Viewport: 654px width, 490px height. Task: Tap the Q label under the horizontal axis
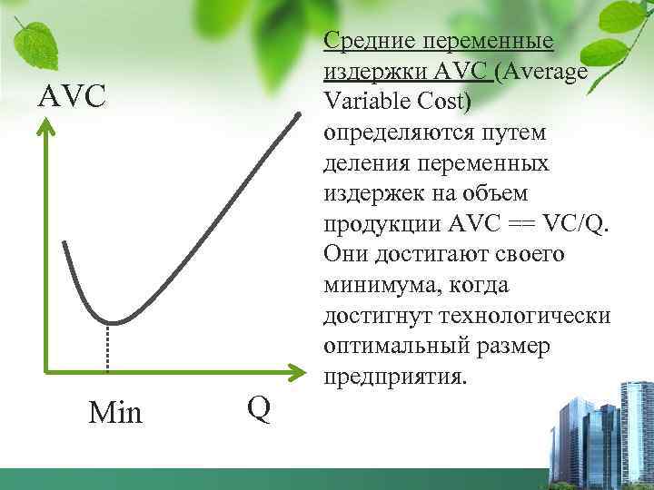258,409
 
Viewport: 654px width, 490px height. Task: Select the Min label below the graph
115,413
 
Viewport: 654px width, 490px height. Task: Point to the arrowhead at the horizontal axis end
297,370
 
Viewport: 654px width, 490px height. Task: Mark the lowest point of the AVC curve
109,322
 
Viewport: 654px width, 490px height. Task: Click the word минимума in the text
375,285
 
